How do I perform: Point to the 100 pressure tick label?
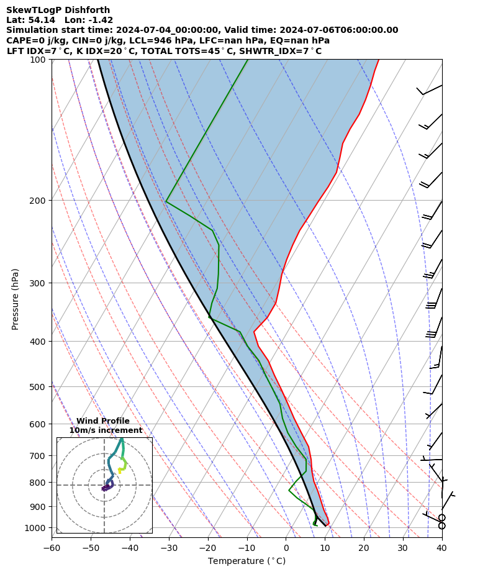point(38,60)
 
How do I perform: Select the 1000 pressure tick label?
point(35,528)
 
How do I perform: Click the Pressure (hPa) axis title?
point(16,299)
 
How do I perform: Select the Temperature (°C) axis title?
point(246,562)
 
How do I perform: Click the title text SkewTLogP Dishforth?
point(58,11)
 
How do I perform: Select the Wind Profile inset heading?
point(103,421)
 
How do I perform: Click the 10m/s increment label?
point(106,430)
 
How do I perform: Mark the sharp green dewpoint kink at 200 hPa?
point(166,201)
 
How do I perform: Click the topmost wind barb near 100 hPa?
point(429,91)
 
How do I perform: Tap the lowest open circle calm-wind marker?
point(441,525)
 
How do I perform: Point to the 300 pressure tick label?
point(38,283)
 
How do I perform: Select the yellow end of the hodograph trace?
point(119,471)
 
